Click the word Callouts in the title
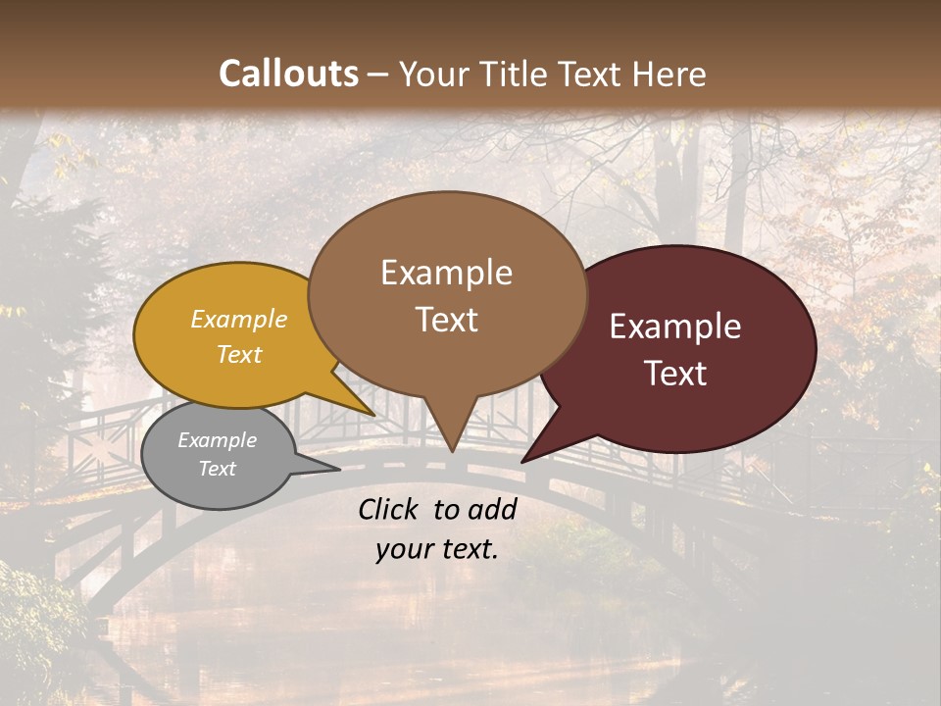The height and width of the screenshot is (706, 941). click(x=288, y=74)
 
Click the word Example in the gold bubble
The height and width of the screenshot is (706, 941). click(x=239, y=319)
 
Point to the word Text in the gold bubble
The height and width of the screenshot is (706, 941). click(x=239, y=354)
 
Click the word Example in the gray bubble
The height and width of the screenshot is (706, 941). click(x=217, y=440)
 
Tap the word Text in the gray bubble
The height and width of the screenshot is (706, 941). click(x=217, y=469)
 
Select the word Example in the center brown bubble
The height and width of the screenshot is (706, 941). click(x=446, y=272)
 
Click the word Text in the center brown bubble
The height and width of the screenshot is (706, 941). click(x=446, y=319)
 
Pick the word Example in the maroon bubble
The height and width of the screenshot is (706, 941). click(x=675, y=327)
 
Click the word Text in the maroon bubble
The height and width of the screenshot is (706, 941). click(x=675, y=374)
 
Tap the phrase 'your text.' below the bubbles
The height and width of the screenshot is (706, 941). click(x=437, y=549)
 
